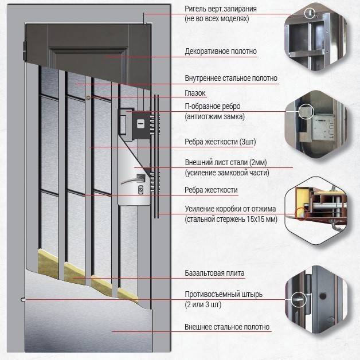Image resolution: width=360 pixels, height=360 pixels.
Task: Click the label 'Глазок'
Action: click(195, 93)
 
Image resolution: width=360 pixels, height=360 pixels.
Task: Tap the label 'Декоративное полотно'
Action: click(220, 52)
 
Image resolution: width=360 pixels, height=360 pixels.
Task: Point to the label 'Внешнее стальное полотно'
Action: click(226, 327)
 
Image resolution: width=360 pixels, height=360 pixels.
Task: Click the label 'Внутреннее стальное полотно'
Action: click(230, 79)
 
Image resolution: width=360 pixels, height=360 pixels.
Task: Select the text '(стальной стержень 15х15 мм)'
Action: click(230, 220)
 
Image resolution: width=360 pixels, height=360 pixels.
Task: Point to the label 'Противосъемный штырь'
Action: click(224, 295)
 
